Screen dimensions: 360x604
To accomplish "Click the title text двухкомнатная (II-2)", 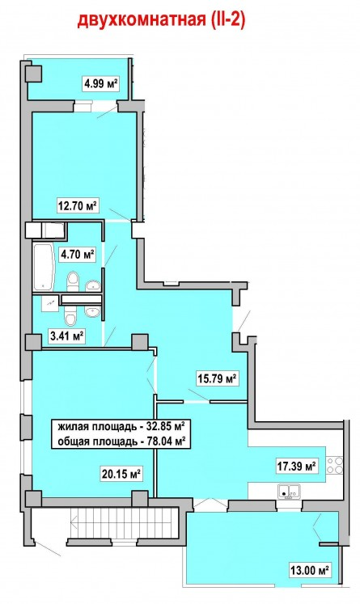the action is (x=162, y=20).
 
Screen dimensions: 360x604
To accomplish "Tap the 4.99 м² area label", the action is (x=100, y=82).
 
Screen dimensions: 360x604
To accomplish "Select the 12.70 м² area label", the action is (x=77, y=205).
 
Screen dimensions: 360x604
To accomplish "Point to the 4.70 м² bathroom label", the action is (x=77, y=254).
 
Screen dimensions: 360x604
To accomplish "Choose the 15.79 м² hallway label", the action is (x=217, y=378).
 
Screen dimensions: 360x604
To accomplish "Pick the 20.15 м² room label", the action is (x=121, y=473).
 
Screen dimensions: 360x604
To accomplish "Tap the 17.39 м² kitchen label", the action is (x=297, y=467).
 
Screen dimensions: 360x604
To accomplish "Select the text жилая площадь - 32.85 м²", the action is (x=121, y=427).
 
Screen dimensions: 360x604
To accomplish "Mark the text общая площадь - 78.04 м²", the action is (x=122, y=441).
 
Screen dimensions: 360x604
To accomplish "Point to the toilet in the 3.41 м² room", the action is (x=70, y=316).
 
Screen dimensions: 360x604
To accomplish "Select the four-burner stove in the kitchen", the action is (x=335, y=465).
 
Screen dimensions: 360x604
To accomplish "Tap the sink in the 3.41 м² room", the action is (x=92, y=311).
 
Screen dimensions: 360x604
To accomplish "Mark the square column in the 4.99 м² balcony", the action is (x=33, y=74).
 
